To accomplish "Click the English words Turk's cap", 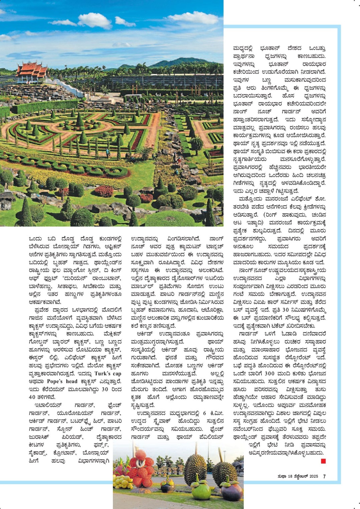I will [x=108, y=373].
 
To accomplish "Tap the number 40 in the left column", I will [x=32, y=397].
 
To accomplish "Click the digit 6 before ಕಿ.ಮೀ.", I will [x=204, y=413].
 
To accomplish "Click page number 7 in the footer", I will [x=324, y=477].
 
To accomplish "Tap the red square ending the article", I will [x=323, y=461].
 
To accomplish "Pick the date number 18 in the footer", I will [x=290, y=477].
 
